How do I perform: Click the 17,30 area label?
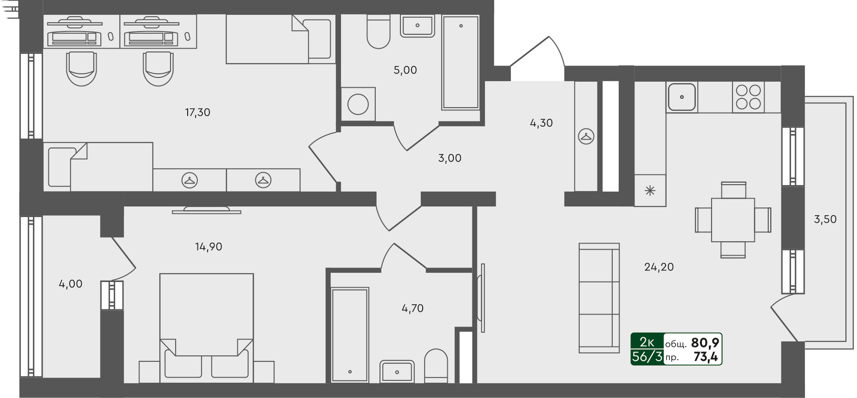pyautogui.click(x=197, y=112)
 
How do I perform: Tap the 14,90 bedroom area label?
pyautogui.click(x=209, y=247)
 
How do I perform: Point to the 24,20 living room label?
pyautogui.click(x=659, y=267)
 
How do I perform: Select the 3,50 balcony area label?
pyautogui.click(x=825, y=219)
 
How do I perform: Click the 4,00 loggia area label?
pyautogui.click(x=71, y=284)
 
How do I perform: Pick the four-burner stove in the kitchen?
pyautogui.click(x=748, y=97)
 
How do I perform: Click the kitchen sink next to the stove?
pyautogui.click(x=681, y=97)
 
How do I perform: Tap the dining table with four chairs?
pyautogui.click(x=733, y=220)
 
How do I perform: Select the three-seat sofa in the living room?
pyautogui.click(x=599, y=298)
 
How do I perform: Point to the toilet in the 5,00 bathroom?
pyautogui.click(x=378, y=31)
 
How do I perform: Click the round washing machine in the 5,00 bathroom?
pyautogui.click(x=358, y=104)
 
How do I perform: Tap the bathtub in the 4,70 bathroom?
pyautogui.click(x=350, y=335)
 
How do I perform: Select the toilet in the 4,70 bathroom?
pyautogui.click(x=436, y=366)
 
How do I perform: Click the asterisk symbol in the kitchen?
pyautogui.click(x=650, y=190)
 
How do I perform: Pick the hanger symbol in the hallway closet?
pyautogui.click(x=586, y=136)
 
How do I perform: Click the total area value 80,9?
pyautogui.click(x=705, y=343)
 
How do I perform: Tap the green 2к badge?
pyautogui.click(x=647, y=342)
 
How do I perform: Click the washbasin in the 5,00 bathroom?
pyautogui.click(x=418, y=26)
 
